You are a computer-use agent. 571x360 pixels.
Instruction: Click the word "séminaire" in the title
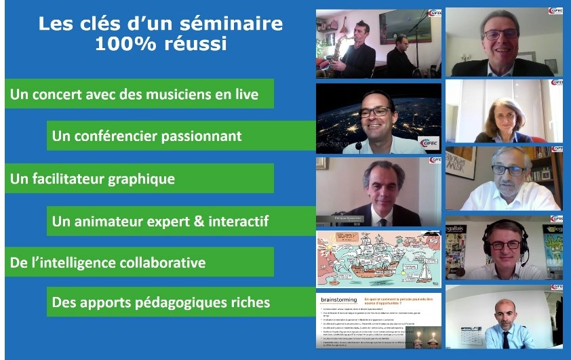[231, 24]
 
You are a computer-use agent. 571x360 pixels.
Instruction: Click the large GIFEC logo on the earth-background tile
[428, 143]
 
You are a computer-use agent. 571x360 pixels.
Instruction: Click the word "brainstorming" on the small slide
[339, 298]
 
